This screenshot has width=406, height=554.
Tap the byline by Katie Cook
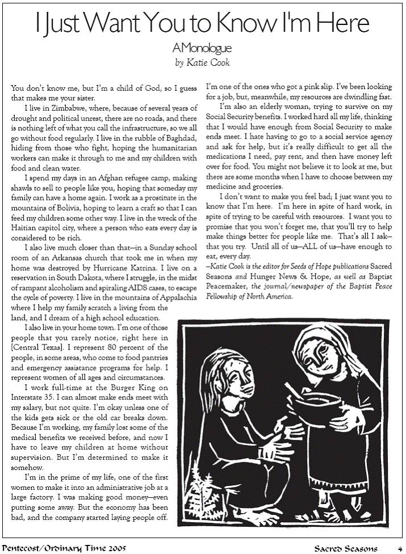(202, 62)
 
